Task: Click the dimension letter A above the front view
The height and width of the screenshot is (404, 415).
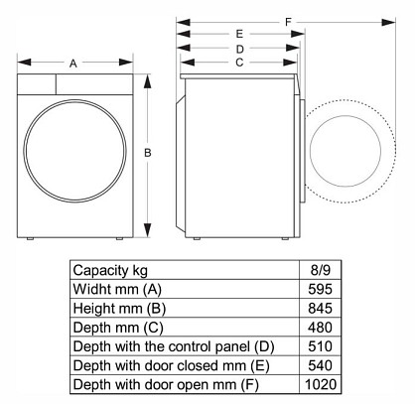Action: click(x=73, y=63)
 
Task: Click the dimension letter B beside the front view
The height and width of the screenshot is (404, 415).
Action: click(x=148, y=153)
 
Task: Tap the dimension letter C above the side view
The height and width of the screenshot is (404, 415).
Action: click(x=239, y=63)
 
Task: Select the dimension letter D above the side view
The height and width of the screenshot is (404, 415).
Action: click(x=239, y=50)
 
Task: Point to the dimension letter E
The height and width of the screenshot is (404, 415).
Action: click(x=239, y=34)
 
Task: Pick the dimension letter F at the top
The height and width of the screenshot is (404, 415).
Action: click(x=288, y=22)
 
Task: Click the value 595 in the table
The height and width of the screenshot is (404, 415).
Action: click(x=320, y=289)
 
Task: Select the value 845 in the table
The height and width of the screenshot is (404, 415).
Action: click(x=320, y=308)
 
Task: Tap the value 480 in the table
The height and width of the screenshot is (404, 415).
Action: click(x=320, y=328)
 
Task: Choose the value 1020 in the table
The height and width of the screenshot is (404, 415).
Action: click(x=321, y=384)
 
